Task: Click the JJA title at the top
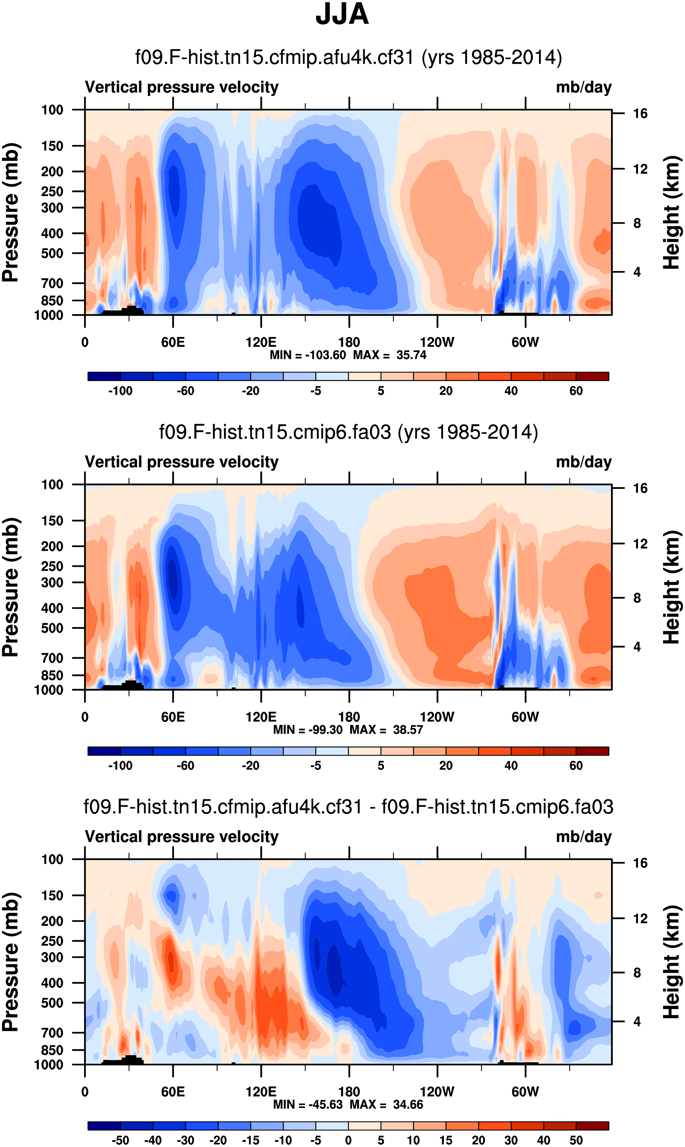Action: tap(342, 14)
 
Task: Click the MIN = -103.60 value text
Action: tap(308, 355)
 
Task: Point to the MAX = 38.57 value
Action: tap(386, 730)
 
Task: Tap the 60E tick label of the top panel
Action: tap(173, 342)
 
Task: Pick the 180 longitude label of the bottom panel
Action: tap(349, 1091)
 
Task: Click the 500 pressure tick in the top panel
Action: tap(52, 254)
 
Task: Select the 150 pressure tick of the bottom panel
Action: tap(52, 896)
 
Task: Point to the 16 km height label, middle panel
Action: tap(640, 488)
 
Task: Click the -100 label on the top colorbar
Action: tap(120, 391)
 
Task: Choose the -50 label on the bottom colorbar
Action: tap(120, 1140)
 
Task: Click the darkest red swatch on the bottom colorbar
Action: tap(592, 1126)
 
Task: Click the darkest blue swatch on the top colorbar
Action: tap(104, 376)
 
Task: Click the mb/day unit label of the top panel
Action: tap(583, 87)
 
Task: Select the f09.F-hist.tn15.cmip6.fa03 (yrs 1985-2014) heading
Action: tap(349, 432)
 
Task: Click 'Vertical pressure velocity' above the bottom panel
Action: tap(181, 837)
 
